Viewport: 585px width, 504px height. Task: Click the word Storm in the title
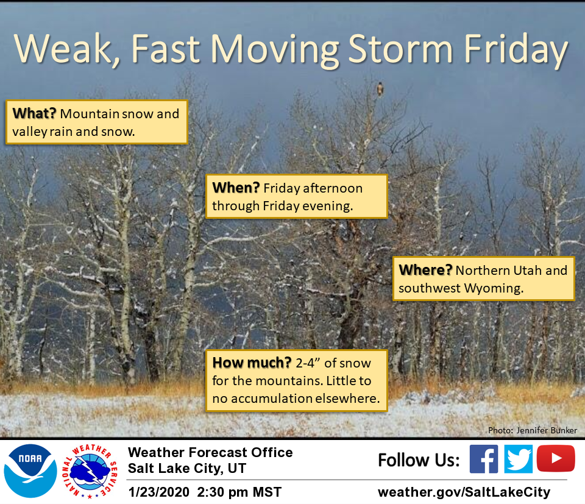(400, 49)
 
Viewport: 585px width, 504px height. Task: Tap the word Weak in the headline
(63, 49)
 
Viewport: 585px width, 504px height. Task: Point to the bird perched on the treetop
(380, 89)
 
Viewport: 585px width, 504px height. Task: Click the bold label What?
(34, 113)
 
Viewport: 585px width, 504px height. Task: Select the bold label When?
(236, 188)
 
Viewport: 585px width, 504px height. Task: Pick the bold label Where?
(425, 270)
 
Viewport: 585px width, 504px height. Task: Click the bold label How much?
(252, 362)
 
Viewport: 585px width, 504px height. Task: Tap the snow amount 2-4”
(308, 363)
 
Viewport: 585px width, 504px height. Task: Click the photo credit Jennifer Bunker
(547, 430)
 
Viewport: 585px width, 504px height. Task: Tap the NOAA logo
(30, 471)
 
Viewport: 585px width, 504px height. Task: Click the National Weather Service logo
(90, 472)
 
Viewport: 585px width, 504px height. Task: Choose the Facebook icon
(483, 459)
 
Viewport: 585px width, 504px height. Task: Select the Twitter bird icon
(518, 459)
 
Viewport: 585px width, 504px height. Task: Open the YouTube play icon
(556, 458)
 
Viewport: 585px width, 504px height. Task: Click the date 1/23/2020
(159, 492)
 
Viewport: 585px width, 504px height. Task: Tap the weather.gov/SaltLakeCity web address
(464, 492)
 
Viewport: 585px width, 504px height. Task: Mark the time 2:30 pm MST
(239, 492)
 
